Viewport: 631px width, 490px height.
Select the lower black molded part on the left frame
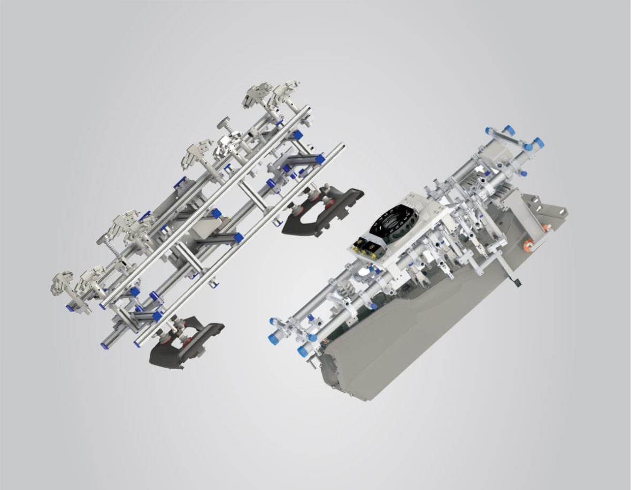pyautogui.click(x=182, y=345)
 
